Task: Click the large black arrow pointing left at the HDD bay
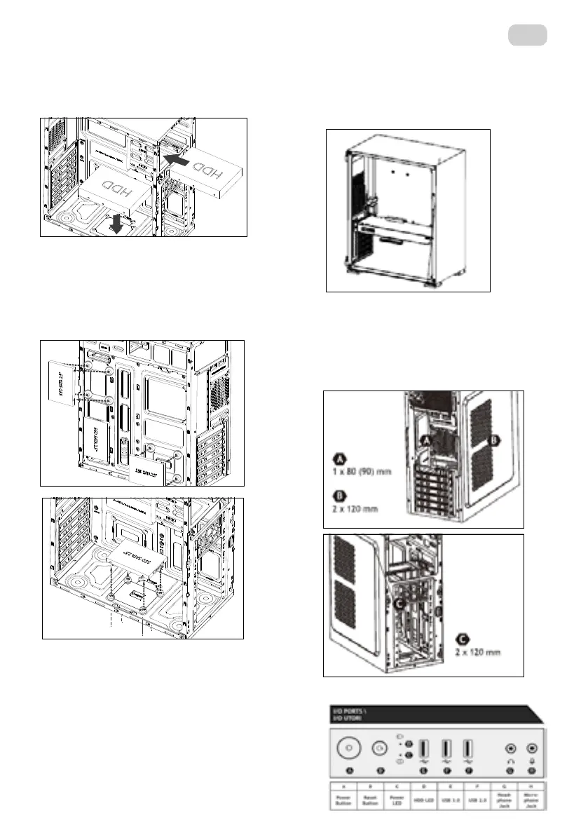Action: pyautogui.click(x=179, y=161)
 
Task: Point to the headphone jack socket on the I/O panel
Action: pyautogui.click(x=510, y=748)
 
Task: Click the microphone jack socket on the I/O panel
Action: pyautogui.click(x=532, y=748)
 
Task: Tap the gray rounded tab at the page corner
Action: pyautogui.click(x=528, y=34)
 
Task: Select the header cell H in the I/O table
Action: pyautogui.click(x=533, y=787)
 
